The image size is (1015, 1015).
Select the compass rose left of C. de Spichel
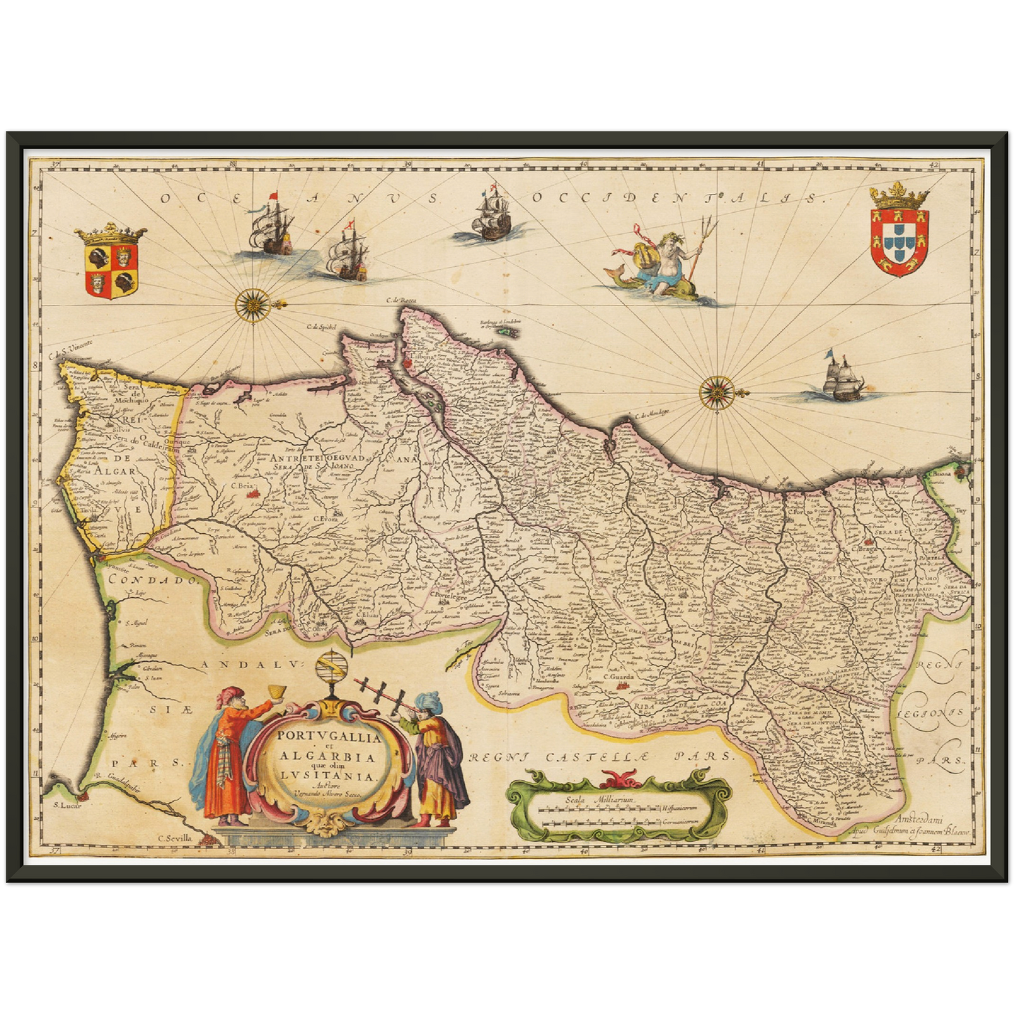pyautogui.click(x=251, y=304)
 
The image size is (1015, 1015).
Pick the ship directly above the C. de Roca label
pyautogui.click(x=492, y=216)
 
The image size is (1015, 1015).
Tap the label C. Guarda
pyautogui.click(x=619, y=676)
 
